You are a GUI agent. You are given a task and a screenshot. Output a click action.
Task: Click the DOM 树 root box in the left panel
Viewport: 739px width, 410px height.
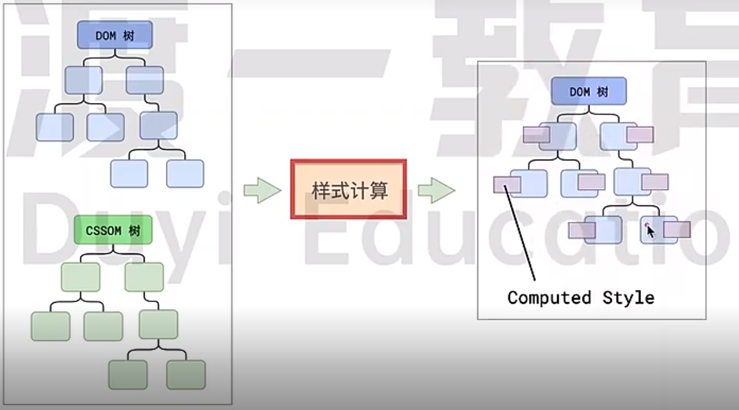[x=115, y=36]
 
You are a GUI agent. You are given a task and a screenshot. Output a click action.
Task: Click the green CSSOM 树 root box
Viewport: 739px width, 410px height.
[x=113, y=231]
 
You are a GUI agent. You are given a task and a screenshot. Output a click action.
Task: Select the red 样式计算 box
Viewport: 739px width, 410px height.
[x=349, y=189]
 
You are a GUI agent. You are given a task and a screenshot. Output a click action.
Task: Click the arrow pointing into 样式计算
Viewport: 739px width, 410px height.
[x=262, y=190]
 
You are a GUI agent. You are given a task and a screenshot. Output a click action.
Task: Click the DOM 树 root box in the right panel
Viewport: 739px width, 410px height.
[x=588, y=92]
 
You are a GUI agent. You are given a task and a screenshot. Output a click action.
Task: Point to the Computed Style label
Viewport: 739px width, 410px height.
[x=581, y=298]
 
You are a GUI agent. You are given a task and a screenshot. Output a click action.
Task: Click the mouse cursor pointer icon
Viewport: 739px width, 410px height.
[x=650, y=231]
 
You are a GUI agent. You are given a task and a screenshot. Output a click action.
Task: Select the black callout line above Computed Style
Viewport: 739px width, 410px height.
[x=522, y=237]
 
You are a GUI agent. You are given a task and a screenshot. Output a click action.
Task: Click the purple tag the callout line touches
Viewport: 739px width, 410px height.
[x=506, y=184]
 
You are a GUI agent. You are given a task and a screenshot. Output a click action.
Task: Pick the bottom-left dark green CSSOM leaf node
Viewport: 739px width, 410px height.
[x=128, y=374]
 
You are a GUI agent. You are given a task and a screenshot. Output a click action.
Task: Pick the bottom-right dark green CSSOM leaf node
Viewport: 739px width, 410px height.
[x=186, y=374]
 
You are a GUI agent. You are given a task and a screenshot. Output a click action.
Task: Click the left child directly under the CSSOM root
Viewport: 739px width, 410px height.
[x=80, y=277]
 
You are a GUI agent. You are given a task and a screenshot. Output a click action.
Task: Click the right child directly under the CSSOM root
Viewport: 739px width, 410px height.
[x=144, y=277]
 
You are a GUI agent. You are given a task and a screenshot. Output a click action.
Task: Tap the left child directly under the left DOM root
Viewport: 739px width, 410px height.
[x=84, y=80]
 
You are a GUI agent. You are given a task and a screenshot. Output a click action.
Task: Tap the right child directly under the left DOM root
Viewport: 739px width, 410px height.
[x=145, y=80]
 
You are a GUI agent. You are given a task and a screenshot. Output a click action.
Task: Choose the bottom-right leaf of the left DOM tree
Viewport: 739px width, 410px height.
[x=185, y=173]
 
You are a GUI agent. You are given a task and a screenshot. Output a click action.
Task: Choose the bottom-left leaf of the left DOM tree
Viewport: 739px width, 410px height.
[x=129, y=173]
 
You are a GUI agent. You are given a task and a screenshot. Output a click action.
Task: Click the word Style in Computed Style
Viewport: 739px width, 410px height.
[x=629, y=298]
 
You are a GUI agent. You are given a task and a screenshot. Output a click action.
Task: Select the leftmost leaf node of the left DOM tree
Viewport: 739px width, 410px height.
[x=54, y=127]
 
